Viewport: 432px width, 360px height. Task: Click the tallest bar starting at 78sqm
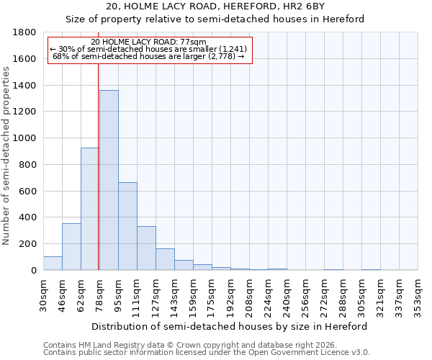tap(109, 180)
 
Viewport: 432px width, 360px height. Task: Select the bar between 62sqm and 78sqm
tap(90, 209)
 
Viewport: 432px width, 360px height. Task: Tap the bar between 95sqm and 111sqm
tap(127, 226)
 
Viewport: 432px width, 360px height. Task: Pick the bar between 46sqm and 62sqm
tap(71, 247)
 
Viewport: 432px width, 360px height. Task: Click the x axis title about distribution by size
tap(230, 326)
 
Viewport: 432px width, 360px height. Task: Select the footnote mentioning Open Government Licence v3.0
tap(207, 352)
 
